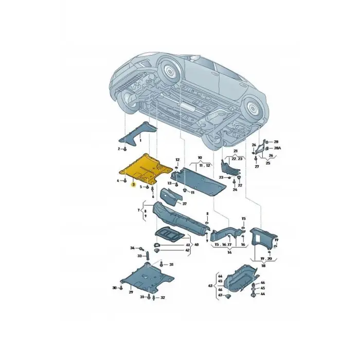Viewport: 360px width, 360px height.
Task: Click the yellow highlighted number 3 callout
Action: tap(133, 184)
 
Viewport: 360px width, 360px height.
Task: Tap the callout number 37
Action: tap(184, 204)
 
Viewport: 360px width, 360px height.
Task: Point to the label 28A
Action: tap(277, 148)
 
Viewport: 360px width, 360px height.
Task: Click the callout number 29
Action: tap(131, 292)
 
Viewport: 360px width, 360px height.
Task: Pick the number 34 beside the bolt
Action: tap(132, 248)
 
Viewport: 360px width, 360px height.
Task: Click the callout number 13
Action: tap(169, 183)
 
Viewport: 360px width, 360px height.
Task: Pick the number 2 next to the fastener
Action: tap(118, 149)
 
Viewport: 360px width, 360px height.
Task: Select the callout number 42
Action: tap(188, 250)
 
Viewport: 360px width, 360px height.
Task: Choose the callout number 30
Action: tap(114, 288)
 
